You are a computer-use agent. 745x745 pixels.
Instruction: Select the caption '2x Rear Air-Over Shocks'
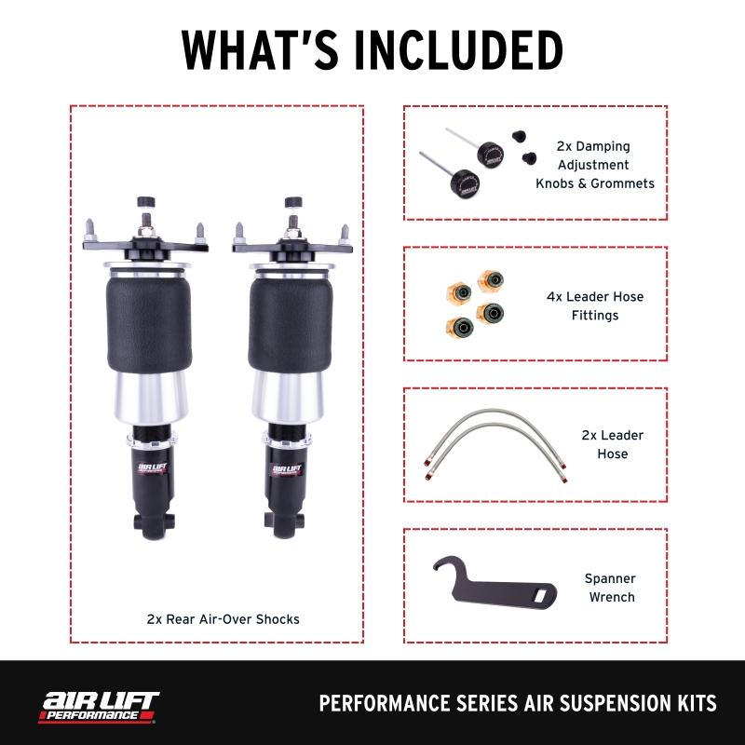tap(223, 618)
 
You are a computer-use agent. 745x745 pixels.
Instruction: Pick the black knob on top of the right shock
tap(293, 201)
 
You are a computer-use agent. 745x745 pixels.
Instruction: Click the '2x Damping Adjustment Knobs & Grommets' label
tap(594, 165)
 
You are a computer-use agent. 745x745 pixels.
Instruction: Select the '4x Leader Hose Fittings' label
tap(594, 305)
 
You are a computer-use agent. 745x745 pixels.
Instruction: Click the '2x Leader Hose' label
tap(613, 444)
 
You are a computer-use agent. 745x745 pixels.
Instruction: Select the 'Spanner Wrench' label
tap(611, 588)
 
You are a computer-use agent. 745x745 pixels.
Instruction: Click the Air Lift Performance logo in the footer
tap(98, 706)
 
